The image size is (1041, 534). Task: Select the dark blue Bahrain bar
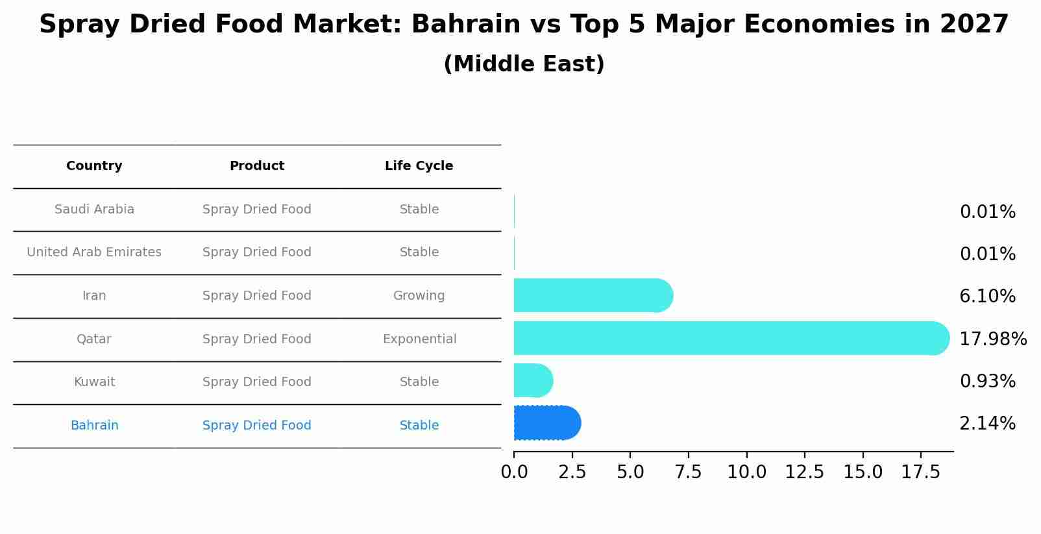pyautogui.click(x=545, y=423)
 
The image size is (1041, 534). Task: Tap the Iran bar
pyautogui.click(x=591, y=295)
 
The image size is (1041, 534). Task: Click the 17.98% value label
pyautogui.click(x=992, y=339)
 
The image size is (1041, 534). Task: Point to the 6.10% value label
pyautogui.click(x=987, y=297)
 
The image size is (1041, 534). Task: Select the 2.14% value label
pyautogui.click(x=987, y=424)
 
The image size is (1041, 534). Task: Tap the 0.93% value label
pyautogui.click(x=987, y=382)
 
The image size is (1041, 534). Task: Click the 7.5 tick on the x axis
pyautogui.click(x=688, y=472)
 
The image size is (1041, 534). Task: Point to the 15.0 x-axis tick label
pyautogui.click(x=863, y=472)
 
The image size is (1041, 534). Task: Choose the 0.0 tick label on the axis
pyautogui.click(x=514, y=472)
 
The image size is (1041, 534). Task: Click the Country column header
pyautogui.click(x=94, y=166)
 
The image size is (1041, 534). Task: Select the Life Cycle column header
pyautogui.click(x=419, y=166)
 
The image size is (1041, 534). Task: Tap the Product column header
pyautogui.click(x=256, y=166)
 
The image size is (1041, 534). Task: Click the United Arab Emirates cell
pyautogui.click(x=94, y=252)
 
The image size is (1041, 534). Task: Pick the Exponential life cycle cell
pyautogui.click(x=419, y=339)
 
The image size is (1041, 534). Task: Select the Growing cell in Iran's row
pyautogui.click(x=419, y=296)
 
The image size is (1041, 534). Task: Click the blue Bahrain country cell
pyautogui.click(x=94, y=426)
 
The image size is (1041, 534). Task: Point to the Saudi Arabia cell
pyautogui.click(x=94, y=210)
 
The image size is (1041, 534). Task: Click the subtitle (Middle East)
pyautogui.click(x=524, y=64)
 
